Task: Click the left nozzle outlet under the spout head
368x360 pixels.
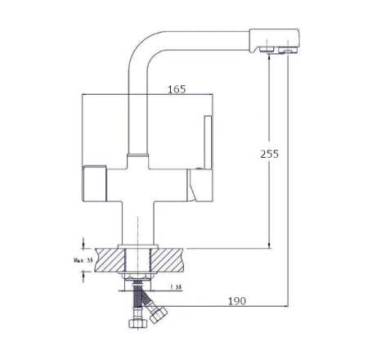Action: [x=267, y=51]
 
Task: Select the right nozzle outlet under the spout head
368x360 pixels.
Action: [x=287, y=52]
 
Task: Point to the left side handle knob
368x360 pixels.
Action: [x=93, y=178]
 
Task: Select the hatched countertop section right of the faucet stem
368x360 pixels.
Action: [x=173, y=260]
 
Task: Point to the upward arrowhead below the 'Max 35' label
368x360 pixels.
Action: [x=83, y=278]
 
